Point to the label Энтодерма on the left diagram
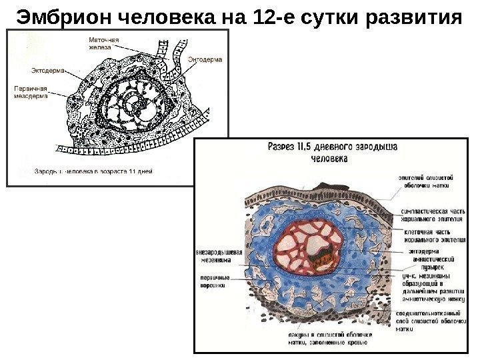(x=205, y=59)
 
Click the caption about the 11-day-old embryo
(x=93, y=171)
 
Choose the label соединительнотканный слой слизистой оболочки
(x=429, y=319)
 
